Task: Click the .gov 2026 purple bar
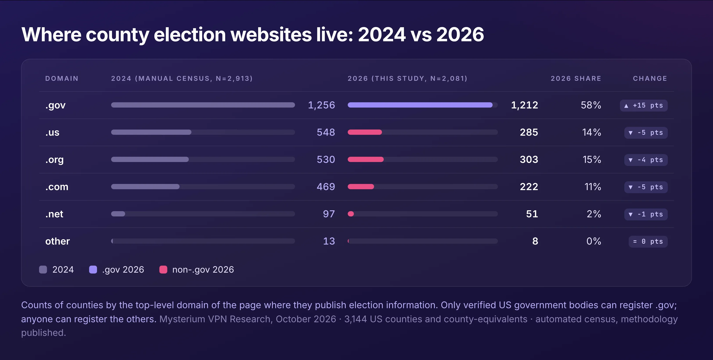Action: [x=420, y=105]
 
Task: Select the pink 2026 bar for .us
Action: [x=365, y=132]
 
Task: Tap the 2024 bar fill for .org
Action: [x=150, y=159]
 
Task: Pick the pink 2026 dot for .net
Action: [x=351, y=214]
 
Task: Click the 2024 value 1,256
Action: [x=321, y=105]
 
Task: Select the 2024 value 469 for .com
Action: [x=326, y=187]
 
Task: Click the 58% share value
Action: [x=591, y=105]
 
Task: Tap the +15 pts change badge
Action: [x=644, y=105]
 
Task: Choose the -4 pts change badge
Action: [x=646, y=160]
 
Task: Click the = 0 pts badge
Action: [x=648, y=241]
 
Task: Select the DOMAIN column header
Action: [x=62, y=79]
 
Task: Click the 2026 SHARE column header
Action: [x=576, y=79]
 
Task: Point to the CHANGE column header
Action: [x=650, y=79]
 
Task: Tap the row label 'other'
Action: [x=57, y=241]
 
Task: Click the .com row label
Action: [x=57, y=187]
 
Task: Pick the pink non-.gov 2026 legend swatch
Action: [x=163, y=270]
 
